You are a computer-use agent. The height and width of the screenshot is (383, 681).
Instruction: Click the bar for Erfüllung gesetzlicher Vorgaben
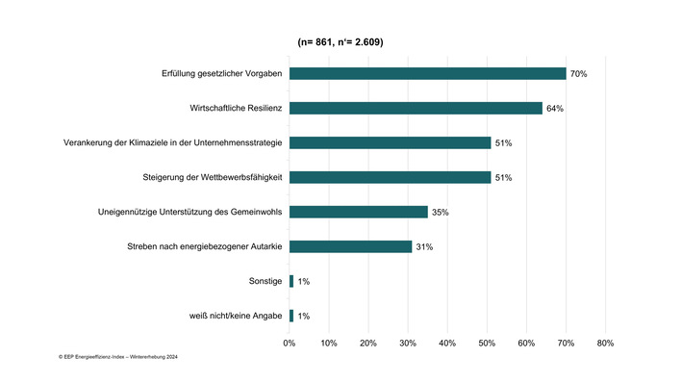point(427,73)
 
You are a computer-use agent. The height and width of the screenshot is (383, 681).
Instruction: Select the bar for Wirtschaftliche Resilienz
point(416,108)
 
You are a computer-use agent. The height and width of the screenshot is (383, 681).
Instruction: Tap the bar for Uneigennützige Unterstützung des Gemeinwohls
point(358,212)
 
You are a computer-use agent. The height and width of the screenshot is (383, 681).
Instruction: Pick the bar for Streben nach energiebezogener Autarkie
point(350,246)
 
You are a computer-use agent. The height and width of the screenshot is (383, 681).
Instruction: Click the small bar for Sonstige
point(291,281)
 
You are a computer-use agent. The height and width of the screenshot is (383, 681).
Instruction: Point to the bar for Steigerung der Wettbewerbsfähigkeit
point(390,177)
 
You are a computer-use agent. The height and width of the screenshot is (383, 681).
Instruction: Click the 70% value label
point(578,74)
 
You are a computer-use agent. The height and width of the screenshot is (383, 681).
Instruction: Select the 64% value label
point(554,109)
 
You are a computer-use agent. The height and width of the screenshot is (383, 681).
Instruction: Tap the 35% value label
point(441,213)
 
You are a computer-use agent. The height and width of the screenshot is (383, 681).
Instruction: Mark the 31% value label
point(424,247)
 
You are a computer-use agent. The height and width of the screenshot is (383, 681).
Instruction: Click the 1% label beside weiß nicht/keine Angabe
point(304,317)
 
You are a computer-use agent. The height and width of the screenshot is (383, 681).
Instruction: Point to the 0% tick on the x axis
point(290,343)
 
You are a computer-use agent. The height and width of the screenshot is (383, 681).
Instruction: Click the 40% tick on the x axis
point(447,343)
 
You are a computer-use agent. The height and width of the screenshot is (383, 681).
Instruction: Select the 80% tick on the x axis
point(605,343)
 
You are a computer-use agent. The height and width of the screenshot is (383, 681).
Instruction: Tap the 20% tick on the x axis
point(368,343)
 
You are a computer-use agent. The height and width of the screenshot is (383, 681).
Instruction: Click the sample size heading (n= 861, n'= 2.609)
point(341,41)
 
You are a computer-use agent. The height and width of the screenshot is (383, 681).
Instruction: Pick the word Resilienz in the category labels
point(258,108)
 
